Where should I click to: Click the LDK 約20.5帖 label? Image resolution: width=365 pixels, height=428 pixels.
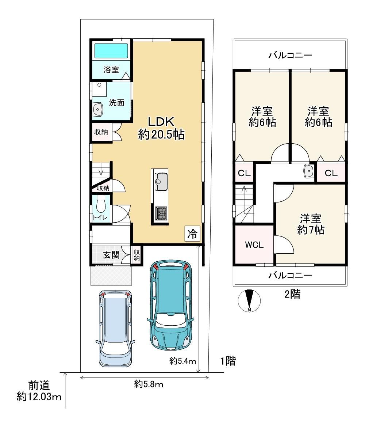[x=161, y=128]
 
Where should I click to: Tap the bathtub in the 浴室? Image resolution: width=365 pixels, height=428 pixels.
[x=111, y=51]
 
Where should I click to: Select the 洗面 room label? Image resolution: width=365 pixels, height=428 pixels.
[x=117, y=103]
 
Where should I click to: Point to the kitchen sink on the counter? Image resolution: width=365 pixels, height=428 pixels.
[x=161, y=182]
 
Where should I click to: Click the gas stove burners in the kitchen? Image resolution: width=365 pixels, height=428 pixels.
[x=161, y=213]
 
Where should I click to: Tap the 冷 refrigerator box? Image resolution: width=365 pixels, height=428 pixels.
[x=192, y=234]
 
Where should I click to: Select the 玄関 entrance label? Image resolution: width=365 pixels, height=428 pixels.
[x=111, y=255]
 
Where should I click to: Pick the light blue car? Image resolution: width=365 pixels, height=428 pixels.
[x=115, y=329]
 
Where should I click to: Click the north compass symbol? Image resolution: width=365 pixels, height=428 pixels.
[x=249, y=300]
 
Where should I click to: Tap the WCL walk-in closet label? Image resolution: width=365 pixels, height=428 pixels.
[x=254, y=245]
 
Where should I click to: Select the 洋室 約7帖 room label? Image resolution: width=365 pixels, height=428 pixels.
[x=311, y=224]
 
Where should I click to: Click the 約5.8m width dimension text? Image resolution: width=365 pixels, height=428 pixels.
[x=149, y=385]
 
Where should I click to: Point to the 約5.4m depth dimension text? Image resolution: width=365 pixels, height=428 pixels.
[x=182, y=361]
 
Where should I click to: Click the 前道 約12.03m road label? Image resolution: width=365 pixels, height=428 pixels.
[x=39, y=391]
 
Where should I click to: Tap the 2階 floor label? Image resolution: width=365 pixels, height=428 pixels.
[x=292, y=294]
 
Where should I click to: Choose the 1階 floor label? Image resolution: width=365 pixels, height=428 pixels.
[x=228, y=361]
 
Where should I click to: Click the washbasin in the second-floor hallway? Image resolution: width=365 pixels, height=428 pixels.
[x=309, y=171]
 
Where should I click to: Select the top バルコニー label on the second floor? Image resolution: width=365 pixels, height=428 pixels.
[x=290, y=56]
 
